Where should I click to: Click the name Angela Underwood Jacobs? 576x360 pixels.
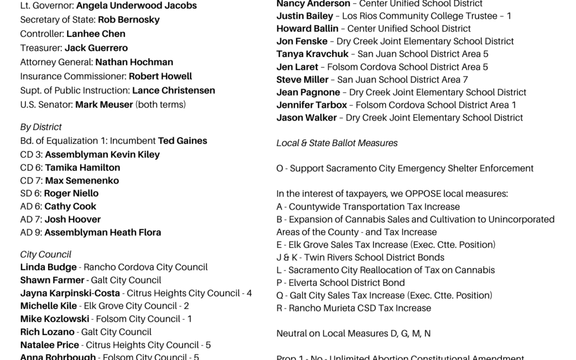(x=136, y=6)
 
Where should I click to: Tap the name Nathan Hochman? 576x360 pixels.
(x=134, y=62)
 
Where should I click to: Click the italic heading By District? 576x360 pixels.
(x=41, y=127)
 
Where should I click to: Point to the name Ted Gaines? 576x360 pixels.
(x=182, y=141)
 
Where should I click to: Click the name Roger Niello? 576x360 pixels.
(x=71, y=193)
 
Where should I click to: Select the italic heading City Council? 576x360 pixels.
(x=45, y=254)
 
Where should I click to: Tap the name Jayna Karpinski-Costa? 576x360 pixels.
(x=70, y=293)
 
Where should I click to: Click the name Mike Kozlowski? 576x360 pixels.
(x=54, y=318)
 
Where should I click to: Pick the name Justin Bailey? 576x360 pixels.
(x=305, y=16)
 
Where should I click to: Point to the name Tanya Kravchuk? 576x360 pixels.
(x=312, y=54)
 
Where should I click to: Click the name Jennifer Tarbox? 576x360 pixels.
(x=311, y=105)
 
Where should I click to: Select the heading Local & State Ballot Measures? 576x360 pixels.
(x=337, y=143)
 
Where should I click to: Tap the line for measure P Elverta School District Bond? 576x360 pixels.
(x=340, y=283)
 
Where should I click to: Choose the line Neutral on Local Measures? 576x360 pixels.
(x=353, y=333)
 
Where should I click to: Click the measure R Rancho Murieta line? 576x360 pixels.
(x=354, y=308)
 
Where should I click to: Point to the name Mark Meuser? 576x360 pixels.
(x=104, y=105)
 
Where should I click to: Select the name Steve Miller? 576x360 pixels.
(x=302, y=79)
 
